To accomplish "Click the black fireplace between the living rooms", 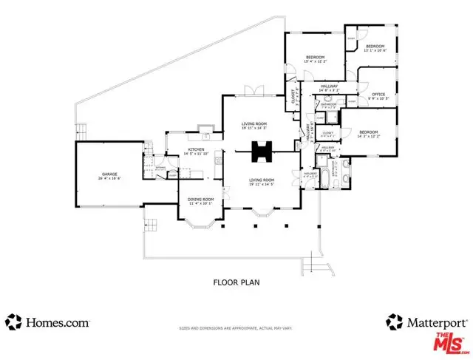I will (261, 152).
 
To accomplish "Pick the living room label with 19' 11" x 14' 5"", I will (261, 182).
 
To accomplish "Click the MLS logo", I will (447, 342).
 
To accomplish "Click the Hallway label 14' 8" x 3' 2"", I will (330, 88).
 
